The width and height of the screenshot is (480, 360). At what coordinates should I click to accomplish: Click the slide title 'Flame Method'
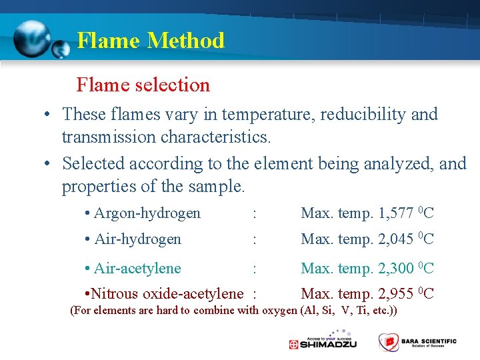pyautogui.click(x=151, y=41)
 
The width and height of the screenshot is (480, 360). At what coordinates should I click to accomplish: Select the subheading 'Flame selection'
pyautogui.click(x=143, y=85)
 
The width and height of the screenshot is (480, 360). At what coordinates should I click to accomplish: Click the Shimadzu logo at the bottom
pyautogui.click(x=323, y=343)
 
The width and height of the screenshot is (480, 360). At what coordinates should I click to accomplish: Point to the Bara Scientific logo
pyautogui.click(x=417, y=342)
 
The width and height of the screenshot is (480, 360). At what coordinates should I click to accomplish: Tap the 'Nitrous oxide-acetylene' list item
pyautogui.click(x=167, y=294)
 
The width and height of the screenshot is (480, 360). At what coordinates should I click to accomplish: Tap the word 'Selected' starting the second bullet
pyautogui.click(x=95, y=163)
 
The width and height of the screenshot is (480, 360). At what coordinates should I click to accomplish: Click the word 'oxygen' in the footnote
pyautogui.click(x=280, y=310)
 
